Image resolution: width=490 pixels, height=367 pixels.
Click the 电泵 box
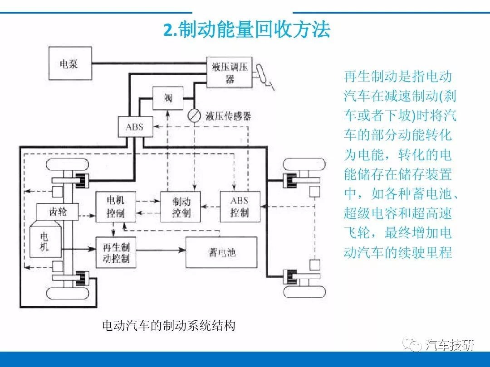click(70, 63)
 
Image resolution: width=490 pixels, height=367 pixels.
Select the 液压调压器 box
click(230, 72)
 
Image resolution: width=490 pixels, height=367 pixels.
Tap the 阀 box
click(168, 98)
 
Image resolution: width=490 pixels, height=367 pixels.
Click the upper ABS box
click(135, 127)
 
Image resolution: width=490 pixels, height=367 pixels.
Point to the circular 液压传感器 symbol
click(194, 116)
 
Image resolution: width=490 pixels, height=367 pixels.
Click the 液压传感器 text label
click(228, 116)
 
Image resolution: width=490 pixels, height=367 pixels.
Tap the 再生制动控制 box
click(116, 252)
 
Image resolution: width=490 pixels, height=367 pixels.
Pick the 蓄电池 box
click(221, 252)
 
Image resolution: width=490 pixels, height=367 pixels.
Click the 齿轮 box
click(58, 212)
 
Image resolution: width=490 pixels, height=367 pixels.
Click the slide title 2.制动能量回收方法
click(247, 30)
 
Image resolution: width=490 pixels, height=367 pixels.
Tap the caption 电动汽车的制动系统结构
click(169, 325)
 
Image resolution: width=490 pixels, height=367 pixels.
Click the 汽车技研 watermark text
click(450, 344)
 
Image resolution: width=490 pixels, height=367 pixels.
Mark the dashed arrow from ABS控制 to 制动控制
click(211, 206)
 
